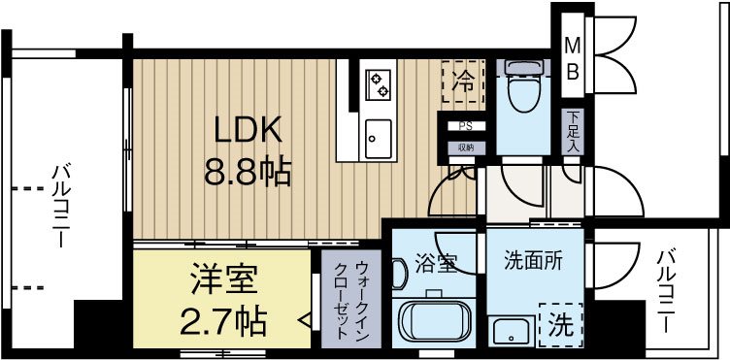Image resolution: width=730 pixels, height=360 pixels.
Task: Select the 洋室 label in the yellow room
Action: point(222,279)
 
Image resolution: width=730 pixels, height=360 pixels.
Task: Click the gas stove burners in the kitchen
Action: point(378,84)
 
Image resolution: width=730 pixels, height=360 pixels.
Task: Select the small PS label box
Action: point(465,126)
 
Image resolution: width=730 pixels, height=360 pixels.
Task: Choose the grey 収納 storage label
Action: point(465,147)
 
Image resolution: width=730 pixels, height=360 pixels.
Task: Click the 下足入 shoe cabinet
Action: point(573,130)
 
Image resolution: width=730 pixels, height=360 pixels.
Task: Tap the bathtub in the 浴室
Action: point(435,323)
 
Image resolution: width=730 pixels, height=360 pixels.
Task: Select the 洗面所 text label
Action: point(531,260)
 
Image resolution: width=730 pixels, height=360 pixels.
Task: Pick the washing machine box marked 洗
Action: point(559,323)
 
